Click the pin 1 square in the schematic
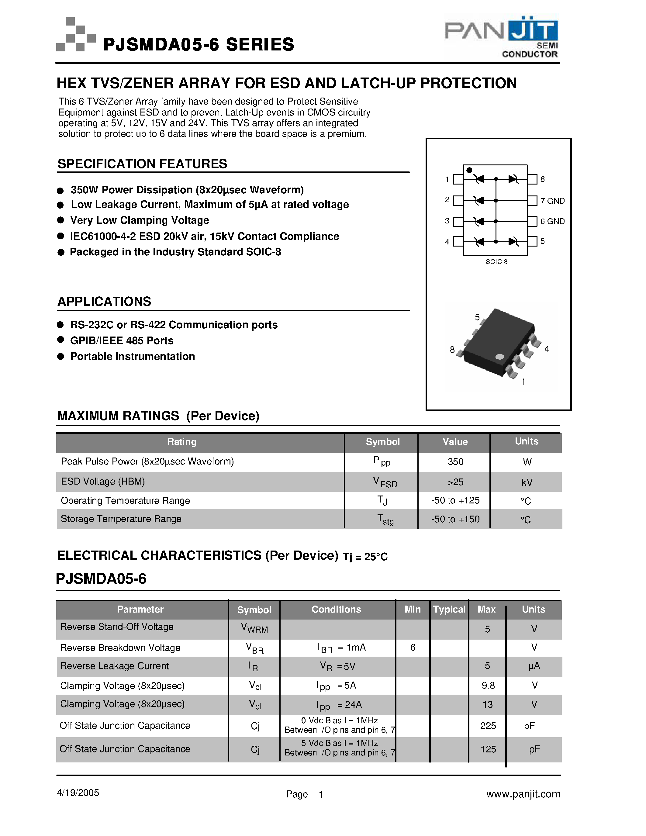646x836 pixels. [458, 179]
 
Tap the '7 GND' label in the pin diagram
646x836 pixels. [552, 201]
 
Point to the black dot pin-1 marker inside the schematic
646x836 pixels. [469, 170]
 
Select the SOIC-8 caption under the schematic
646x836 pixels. [496, 262]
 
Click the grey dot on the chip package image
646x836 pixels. [499, 357]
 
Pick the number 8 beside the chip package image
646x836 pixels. [452, 350]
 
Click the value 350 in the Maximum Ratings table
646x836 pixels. [455, 462]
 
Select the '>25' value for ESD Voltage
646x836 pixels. [455, 482]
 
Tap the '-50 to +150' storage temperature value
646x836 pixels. [455, 519]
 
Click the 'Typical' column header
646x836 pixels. [449, 610]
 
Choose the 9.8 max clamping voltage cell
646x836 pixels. [488, 685]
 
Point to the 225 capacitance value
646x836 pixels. [488, 726]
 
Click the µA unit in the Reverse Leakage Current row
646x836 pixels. [534, 666]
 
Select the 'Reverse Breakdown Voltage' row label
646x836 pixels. [120, 648]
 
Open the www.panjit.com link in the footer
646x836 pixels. [523, 794]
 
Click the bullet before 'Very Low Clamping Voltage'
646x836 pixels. [60, 220]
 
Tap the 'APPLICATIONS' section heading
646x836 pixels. [104, 302]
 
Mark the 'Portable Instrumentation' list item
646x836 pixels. [133, 356]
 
